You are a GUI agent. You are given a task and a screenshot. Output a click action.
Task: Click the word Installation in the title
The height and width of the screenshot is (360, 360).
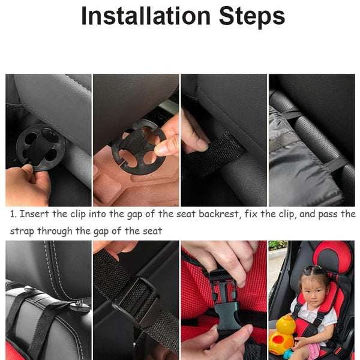pyautogui.click(x=146, y=16)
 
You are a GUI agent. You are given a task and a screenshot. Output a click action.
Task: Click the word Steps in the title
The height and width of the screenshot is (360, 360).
pyautogui.click(x=252, y=17)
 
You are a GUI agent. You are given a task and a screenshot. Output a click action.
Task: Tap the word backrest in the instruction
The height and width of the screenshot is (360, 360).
pyautogui.click(x=218, y=214)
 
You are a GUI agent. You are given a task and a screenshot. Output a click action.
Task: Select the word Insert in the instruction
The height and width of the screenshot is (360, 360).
pyautogui.click(x=34, y=214)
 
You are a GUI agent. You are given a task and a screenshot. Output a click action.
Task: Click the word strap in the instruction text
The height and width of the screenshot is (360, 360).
pyautogui.click(x=22, y=231)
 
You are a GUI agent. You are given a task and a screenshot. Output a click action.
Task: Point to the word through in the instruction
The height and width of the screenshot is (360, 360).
pyautogui.click(x=55, y=231)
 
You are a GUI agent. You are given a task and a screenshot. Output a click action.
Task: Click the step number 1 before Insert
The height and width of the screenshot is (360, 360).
pyautogui.click(x=13, y=214)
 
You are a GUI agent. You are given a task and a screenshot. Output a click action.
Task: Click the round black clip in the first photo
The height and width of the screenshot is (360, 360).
pyautogui.click(x=41, y=148)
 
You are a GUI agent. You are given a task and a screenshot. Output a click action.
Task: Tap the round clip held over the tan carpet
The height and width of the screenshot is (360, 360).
pyautogui.click(x=139, y=148)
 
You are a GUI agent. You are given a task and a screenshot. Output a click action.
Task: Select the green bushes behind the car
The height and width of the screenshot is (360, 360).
pyautogui.click(x=278, y=245)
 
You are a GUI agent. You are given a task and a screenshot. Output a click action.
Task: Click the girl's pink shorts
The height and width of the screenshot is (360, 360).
pyautogui.click(x=313, y=351)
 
